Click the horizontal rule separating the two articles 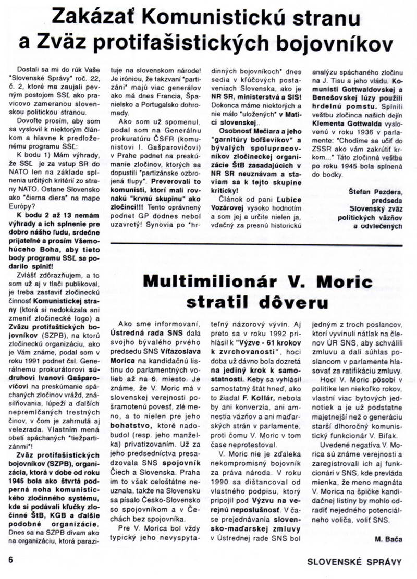click(260, 243)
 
